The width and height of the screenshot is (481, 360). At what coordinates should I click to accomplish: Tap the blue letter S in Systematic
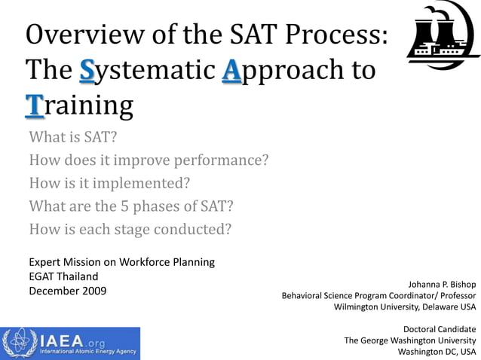click(x=88, y=71)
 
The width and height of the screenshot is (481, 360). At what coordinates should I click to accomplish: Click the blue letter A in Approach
click(x=232, y=71)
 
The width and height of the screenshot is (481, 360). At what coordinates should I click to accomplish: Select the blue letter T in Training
click(x=34, y=105)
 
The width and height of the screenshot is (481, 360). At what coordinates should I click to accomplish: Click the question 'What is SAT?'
click(x=73, y=137)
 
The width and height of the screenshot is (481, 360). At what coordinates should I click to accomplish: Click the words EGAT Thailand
click(x=63, y=276)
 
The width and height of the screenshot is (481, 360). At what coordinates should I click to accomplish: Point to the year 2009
click(x=93, y=291)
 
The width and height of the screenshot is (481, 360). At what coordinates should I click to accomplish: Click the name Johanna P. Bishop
click(x=442, y=285)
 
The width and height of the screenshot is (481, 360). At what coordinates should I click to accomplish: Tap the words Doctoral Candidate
click(x=440, y=329)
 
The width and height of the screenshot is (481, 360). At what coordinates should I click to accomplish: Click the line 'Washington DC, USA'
click(x=437, y=351)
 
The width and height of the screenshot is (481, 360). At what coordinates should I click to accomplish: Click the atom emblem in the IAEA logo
click(x=17, y=343)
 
